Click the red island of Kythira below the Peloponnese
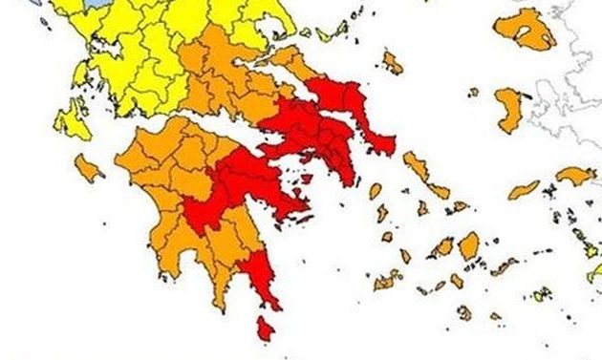(x=266, y=330)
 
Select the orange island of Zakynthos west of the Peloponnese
(x=88, y=169)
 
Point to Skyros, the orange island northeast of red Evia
(x=392, y=63)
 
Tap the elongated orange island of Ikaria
(x=523, y=190)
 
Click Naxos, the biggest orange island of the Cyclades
(x=469, y=246)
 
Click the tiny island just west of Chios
(x=474, y=92)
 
